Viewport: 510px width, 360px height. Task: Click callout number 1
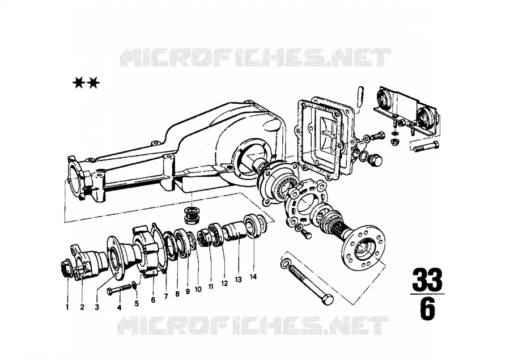[x=67, y=307]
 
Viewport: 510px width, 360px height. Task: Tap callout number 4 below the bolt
[x=119, y=307]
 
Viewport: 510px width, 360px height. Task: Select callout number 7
[x=166, y=297]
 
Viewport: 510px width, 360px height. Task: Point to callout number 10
[x=198, y=289]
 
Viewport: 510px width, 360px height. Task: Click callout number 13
[x=239, y=279]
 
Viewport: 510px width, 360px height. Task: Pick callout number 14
[x=253, y=277]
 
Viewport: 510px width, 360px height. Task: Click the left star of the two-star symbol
[x=78, y=83]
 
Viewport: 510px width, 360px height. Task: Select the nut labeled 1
[x=66, y=269]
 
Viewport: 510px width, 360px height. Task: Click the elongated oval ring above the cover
[x=360, y=96]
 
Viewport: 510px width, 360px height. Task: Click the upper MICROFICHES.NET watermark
[x=255, y=58]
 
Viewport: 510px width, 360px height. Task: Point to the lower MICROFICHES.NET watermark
[x=253, y=325]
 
